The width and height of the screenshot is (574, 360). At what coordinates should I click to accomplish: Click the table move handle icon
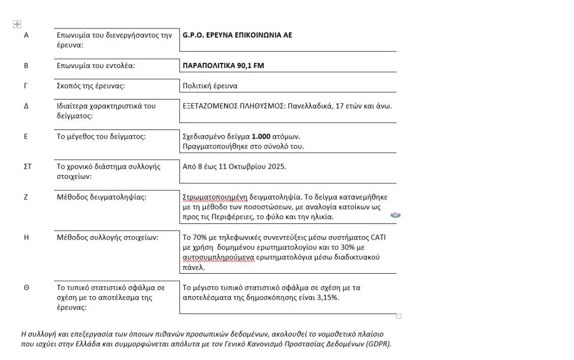coord(17,24)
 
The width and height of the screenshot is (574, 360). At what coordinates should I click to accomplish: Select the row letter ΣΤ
coord(27,167)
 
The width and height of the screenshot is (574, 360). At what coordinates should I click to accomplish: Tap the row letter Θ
coord(26,287)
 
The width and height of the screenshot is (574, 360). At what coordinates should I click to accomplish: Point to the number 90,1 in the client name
coord(244,66)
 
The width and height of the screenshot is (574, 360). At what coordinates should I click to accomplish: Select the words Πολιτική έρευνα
coord(210,86)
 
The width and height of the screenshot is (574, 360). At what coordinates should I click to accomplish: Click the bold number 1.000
coord(261,137)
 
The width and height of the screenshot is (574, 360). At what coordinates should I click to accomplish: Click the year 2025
coord(276,167)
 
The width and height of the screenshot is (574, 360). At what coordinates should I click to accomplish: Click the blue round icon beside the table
coord(395,215)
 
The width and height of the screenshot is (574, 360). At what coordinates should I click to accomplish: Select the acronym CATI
coord(378,237)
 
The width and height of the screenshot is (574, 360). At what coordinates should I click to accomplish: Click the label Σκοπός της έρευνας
coord(90,86)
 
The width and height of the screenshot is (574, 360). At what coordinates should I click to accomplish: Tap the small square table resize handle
coord(399,316)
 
